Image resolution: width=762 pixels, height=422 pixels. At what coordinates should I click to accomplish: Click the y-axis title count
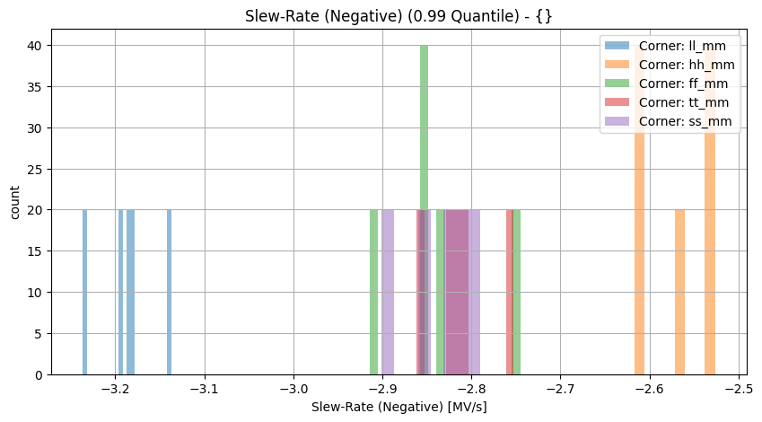point(15,202)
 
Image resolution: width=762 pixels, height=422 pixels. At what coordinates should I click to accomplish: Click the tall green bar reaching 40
point(424,210)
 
